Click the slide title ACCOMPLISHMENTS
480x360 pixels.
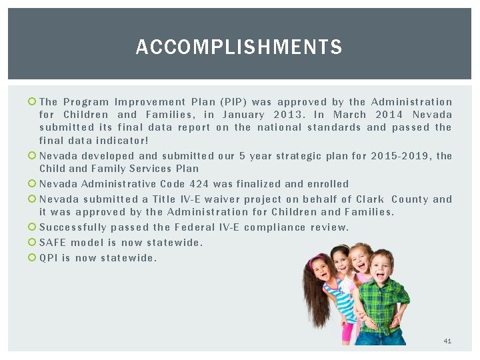tap(239, 47)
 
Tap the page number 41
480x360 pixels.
tap(447, 341)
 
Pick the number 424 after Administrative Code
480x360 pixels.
tap(199, 184)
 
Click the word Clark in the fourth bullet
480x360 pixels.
tap(370, 199)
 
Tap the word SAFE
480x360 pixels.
tap(53, 243)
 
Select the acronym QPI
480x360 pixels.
tap(48, 258)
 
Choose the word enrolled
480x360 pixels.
tap(328, 184)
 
